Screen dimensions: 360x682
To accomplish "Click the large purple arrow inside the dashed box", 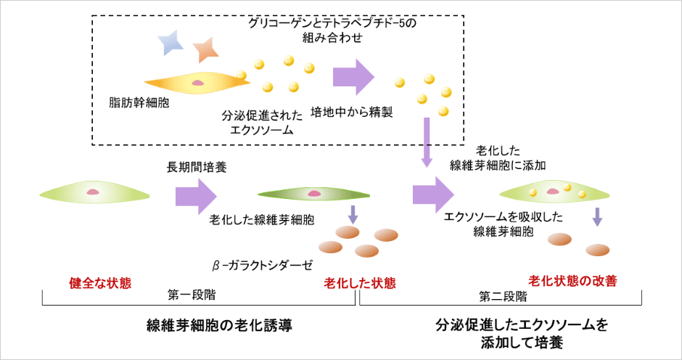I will tap(353, 76).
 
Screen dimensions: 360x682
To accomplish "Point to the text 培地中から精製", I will tap(351, 113).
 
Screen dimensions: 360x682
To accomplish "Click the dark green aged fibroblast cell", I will tap(313, 195).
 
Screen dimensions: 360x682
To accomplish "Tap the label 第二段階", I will tap(503, 296).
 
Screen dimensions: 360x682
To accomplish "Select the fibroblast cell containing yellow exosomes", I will tap(554, 192).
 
